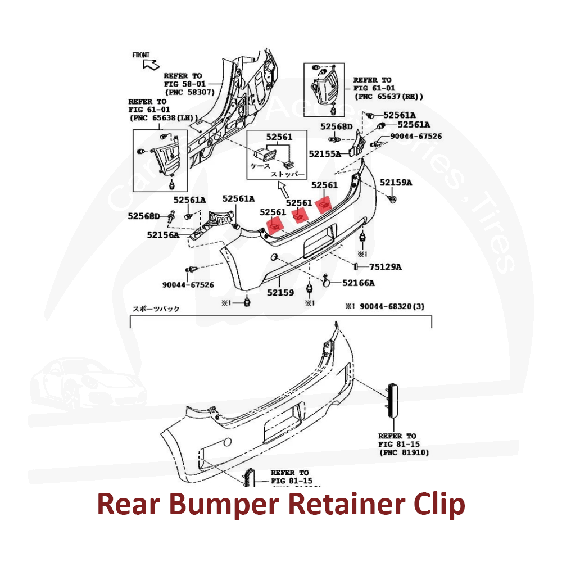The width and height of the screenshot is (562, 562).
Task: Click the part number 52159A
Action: [x=396, y=182]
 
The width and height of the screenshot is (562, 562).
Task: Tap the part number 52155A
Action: [x=324, y=153]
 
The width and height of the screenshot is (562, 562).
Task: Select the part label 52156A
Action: [x=163, y=235]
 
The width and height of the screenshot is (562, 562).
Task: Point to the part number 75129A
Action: [x=386, y=266]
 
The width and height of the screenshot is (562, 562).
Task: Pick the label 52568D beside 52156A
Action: [x=144, y=216]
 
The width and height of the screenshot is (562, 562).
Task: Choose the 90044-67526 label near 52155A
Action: [x=416, y=136]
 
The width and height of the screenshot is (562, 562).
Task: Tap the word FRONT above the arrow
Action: [x=141, y=55]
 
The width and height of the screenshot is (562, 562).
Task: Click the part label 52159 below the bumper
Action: [x=280, y=292]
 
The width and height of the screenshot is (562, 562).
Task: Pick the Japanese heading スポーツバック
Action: [x=156, y=309]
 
